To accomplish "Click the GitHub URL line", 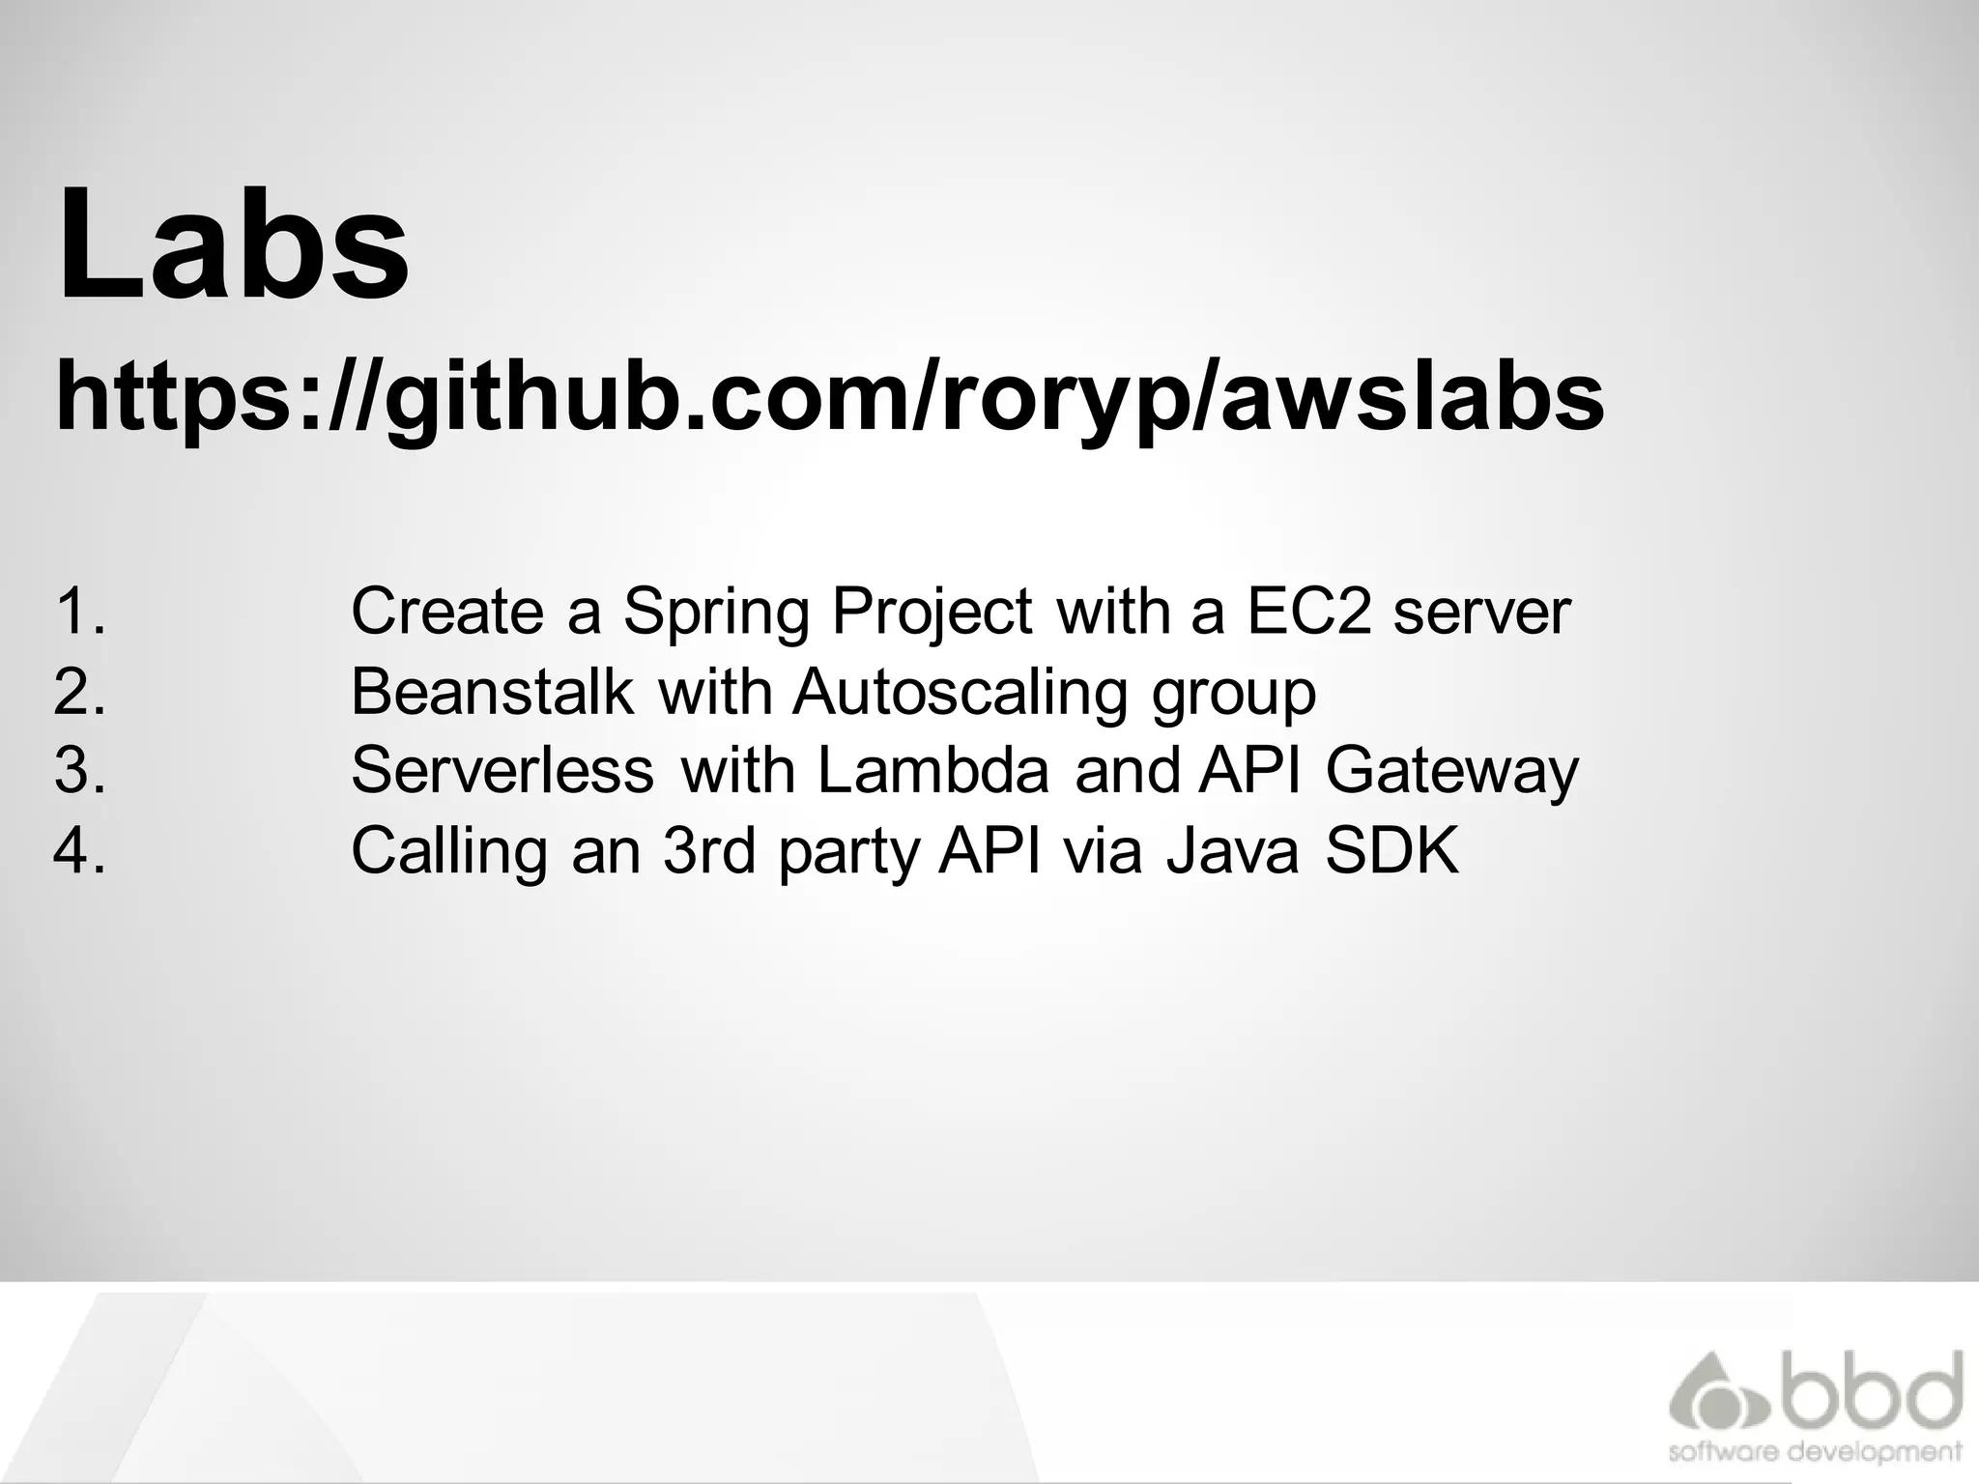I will tap(830, 397).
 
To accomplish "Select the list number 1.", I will tap(79, 612).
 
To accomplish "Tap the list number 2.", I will tap(79, 692).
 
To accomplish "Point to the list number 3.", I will tap(79, 771).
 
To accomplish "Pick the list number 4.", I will tap(79, 851).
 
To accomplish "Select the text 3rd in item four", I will tap(708, 851).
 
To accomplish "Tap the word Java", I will tap(1232, 851).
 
